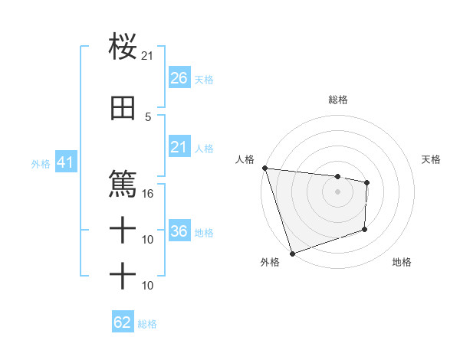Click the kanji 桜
123,47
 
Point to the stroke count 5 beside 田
148,116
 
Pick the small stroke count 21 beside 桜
148,55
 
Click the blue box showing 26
179,78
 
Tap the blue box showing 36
179,231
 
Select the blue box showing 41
65,162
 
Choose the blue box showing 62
123,322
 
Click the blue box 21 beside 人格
179,147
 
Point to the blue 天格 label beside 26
204,79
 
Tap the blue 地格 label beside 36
204,232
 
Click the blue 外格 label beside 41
41,163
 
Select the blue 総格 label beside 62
147,323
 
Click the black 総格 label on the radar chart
337,100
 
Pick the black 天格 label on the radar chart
432,159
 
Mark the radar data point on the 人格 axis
264,168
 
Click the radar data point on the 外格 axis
292,253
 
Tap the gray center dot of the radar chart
337,191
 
